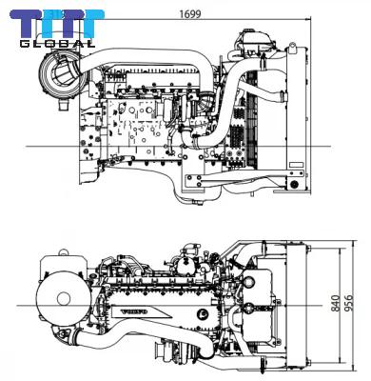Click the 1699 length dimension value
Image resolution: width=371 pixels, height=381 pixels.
tap(188, 13)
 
